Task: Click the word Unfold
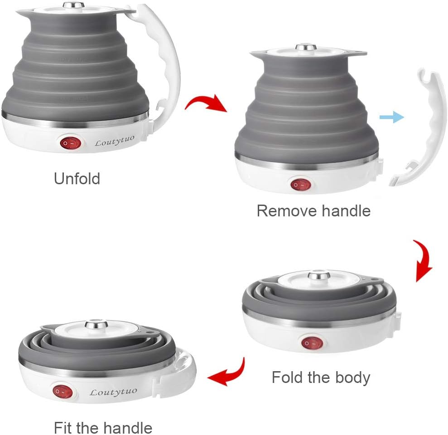(77, 179)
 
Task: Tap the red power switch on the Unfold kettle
(70, 143)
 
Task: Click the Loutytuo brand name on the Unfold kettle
(114, 141)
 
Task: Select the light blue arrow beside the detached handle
(392, 117)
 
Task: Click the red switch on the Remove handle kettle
(301, 185)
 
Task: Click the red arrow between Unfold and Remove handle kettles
(206, 104)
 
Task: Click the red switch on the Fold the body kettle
(312, 343)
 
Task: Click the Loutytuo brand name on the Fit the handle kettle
(113, 392)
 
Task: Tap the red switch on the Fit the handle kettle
(63, 392)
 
